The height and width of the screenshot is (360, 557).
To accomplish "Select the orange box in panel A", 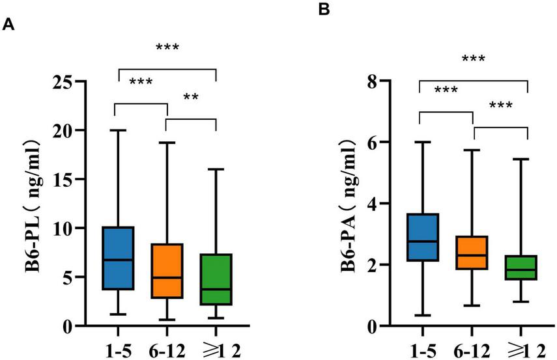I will (167, 271).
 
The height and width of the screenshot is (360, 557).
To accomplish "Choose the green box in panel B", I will (526, 268).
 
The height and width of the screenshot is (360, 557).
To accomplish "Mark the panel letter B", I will (324, 9).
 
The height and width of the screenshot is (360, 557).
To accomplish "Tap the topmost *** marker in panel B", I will (473, 60).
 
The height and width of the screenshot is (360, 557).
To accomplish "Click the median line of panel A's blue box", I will (118, 260).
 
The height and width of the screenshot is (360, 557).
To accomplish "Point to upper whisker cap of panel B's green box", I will (526, 158).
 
